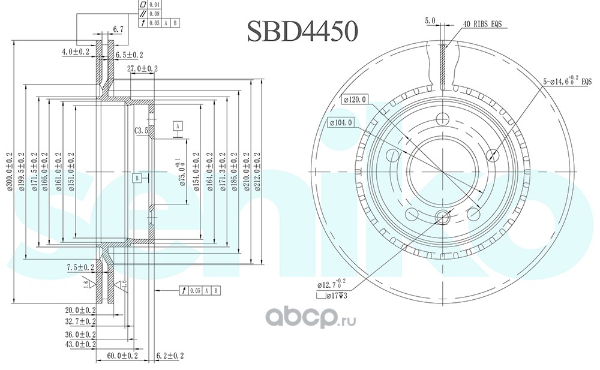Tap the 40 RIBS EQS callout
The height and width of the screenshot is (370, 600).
tap(482, 24)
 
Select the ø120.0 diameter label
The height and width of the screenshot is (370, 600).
tap(355, 99)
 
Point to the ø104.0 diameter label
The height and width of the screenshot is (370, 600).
tap(341, 122)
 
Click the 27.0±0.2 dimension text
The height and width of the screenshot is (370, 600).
tap(142, 68)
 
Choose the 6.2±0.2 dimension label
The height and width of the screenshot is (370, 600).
tap(169, 356)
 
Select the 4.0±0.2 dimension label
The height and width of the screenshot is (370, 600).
tap(75, 52)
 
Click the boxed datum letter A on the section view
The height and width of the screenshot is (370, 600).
tap(178, 125)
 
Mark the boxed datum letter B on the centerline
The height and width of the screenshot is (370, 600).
tap(137, 178)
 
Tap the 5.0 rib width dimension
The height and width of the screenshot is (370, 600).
tap(430, 21)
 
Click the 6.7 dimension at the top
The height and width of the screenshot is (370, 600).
tap(118, 29)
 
